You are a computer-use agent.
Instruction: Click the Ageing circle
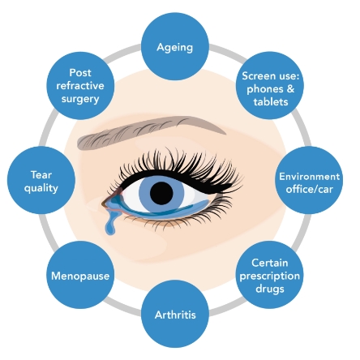tap(175, 46)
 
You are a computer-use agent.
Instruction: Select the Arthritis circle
tap(175, 314)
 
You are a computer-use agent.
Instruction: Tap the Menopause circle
tap(80, 275)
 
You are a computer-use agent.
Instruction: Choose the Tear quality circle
tap(41, 180)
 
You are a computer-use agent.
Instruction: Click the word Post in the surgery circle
tap(80, 73)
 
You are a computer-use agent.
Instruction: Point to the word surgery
tap(80, 99)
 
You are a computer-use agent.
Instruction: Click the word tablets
tap(271, 102)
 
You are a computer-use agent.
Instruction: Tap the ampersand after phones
tap(290, 88)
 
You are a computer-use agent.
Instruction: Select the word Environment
tap(309, 177)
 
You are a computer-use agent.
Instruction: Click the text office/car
tap(309, 189)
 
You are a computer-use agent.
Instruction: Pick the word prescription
tap(270, 276)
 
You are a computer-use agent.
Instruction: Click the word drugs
tap(270, 289)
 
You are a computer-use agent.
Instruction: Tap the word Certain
tap(270, 263)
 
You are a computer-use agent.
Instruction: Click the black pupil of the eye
tap(161, 193)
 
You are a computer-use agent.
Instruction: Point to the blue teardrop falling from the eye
tap(110, 223)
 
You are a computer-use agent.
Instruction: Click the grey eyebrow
tap(152, 132)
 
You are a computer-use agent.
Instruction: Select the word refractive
tap(80, 86)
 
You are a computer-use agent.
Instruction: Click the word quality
tap(41, 188)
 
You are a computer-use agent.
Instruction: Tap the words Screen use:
tap(271, 76)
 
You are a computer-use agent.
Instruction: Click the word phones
tap(265, 89)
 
